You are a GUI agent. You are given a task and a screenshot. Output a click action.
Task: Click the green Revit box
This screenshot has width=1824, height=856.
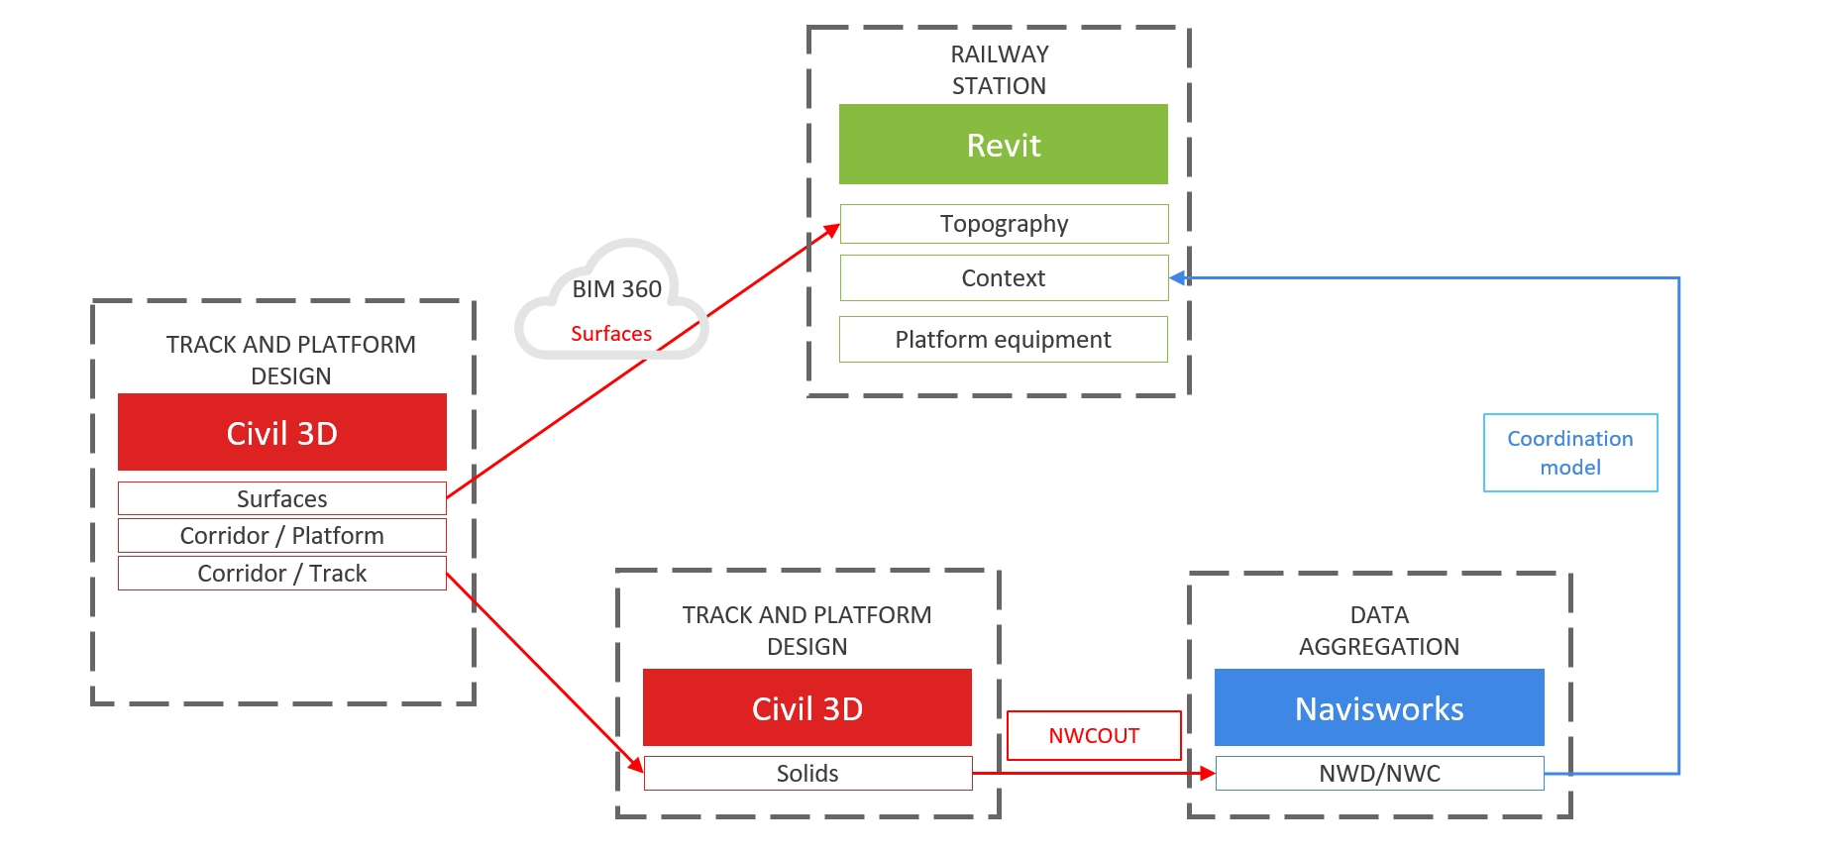[1003, 145]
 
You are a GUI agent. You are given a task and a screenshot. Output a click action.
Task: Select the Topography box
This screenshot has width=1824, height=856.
[1004, 224]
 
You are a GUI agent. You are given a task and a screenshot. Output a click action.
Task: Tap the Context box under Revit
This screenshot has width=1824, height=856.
[1004, 278]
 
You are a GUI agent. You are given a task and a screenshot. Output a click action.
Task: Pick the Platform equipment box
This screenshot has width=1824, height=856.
[1003, 340]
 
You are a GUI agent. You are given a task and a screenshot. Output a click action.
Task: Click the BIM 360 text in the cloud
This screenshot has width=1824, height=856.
[616, 289]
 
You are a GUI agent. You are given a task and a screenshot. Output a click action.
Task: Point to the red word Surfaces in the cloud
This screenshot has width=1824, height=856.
[610, 334]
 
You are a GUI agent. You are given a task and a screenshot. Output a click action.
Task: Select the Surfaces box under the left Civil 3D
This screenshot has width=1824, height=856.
[281, 498]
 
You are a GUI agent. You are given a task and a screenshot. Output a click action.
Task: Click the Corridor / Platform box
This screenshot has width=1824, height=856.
[281, 536]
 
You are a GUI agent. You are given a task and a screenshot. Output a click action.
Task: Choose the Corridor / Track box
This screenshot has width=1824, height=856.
[281, 574]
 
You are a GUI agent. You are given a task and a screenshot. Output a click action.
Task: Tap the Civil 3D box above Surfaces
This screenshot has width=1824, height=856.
[281, 433]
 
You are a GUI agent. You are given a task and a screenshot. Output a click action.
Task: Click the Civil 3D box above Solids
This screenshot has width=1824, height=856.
[806, 708]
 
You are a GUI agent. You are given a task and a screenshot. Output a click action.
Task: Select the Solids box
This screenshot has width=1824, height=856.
[806, 774]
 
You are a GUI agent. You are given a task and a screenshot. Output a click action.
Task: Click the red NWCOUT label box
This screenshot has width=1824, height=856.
[1094, 736]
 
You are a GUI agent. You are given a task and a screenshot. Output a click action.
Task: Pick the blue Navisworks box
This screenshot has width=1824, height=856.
[1378, 708]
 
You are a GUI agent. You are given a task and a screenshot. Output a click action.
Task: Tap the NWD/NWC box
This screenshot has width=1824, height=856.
[1378, 774]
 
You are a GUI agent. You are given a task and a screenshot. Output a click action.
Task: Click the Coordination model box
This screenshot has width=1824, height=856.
[1569, 453]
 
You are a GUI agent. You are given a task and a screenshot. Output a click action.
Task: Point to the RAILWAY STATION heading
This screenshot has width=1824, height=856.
[999, 69]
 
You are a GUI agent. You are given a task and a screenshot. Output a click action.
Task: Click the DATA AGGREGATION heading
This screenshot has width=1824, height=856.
[1378, 630]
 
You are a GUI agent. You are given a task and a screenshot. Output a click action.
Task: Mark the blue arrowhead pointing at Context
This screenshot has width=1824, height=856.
[1177, 278]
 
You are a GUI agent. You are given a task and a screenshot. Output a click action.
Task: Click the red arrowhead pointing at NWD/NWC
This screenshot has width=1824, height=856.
[1208, 774]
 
